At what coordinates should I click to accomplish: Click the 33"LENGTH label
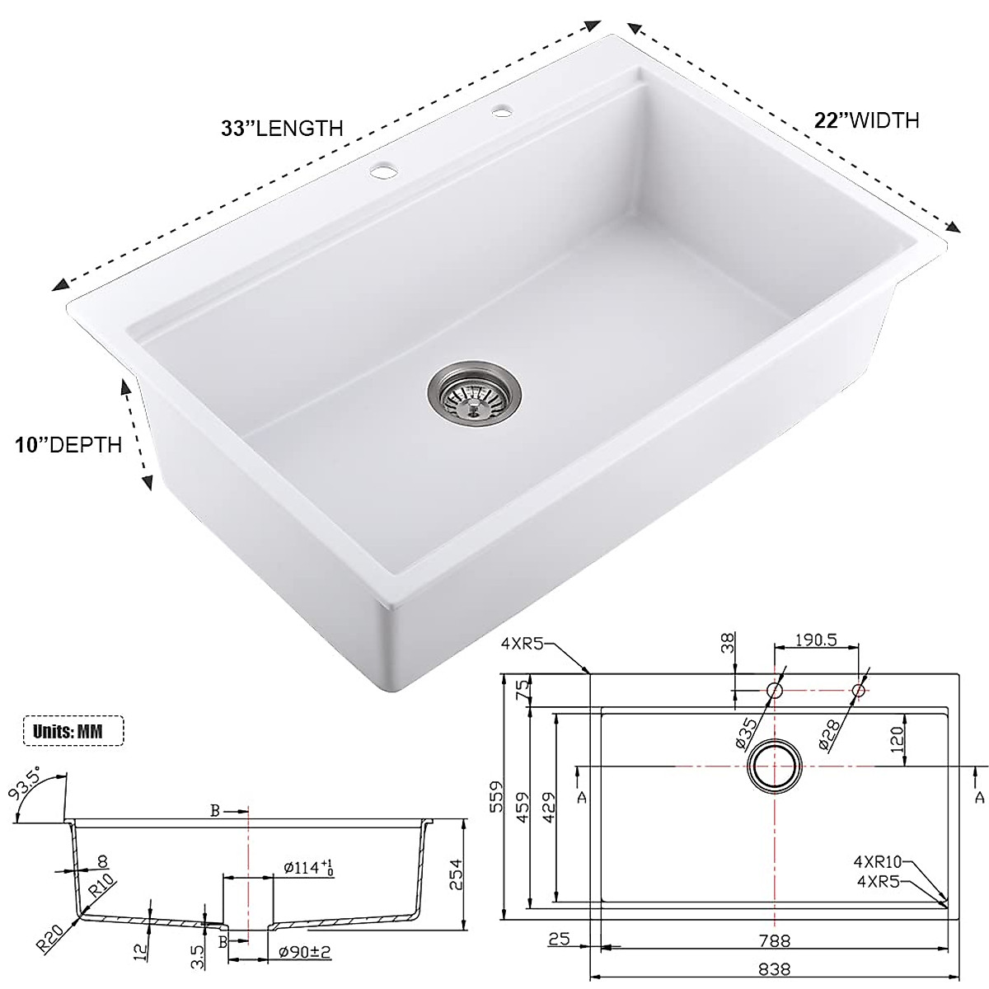[x=281, y=129]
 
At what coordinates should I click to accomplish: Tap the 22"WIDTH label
[x=866, y=120]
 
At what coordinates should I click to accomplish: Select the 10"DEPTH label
[x=68, y=445]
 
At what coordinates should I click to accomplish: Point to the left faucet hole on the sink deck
[x=382, y=171]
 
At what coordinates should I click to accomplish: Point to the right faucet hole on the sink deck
[x=501, y=110]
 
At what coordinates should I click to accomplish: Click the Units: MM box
[x=73, y=730]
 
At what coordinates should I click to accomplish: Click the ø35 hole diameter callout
[x=746, y=731]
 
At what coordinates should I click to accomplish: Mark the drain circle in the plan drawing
[x=774, y=766]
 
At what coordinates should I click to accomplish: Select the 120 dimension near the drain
[x=898, y=735]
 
